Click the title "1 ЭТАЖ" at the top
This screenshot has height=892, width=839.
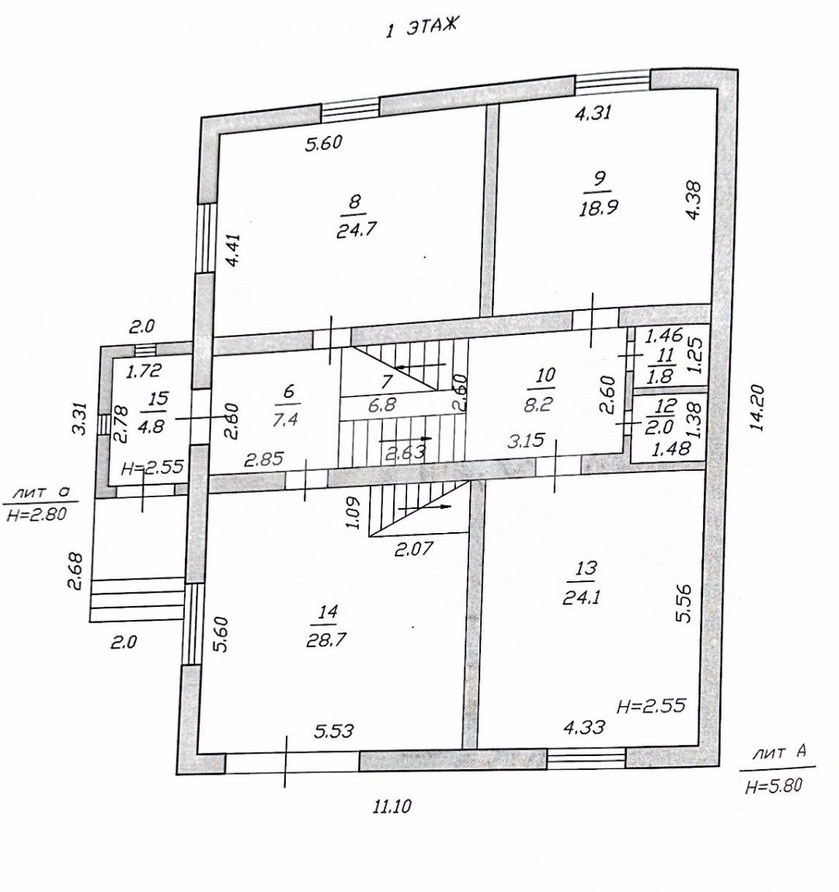(422, 28)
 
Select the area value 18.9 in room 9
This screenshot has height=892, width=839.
(598, 207)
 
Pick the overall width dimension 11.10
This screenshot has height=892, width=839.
(391, 806)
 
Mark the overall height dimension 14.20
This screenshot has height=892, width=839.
(757, 408)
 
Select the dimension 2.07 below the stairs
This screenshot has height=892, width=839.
(414, 549)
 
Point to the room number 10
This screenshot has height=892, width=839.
(545, 374)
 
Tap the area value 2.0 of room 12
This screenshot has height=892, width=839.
(663, 427)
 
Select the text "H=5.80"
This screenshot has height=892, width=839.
(774, 786)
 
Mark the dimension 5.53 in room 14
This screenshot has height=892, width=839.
(333, 730)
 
